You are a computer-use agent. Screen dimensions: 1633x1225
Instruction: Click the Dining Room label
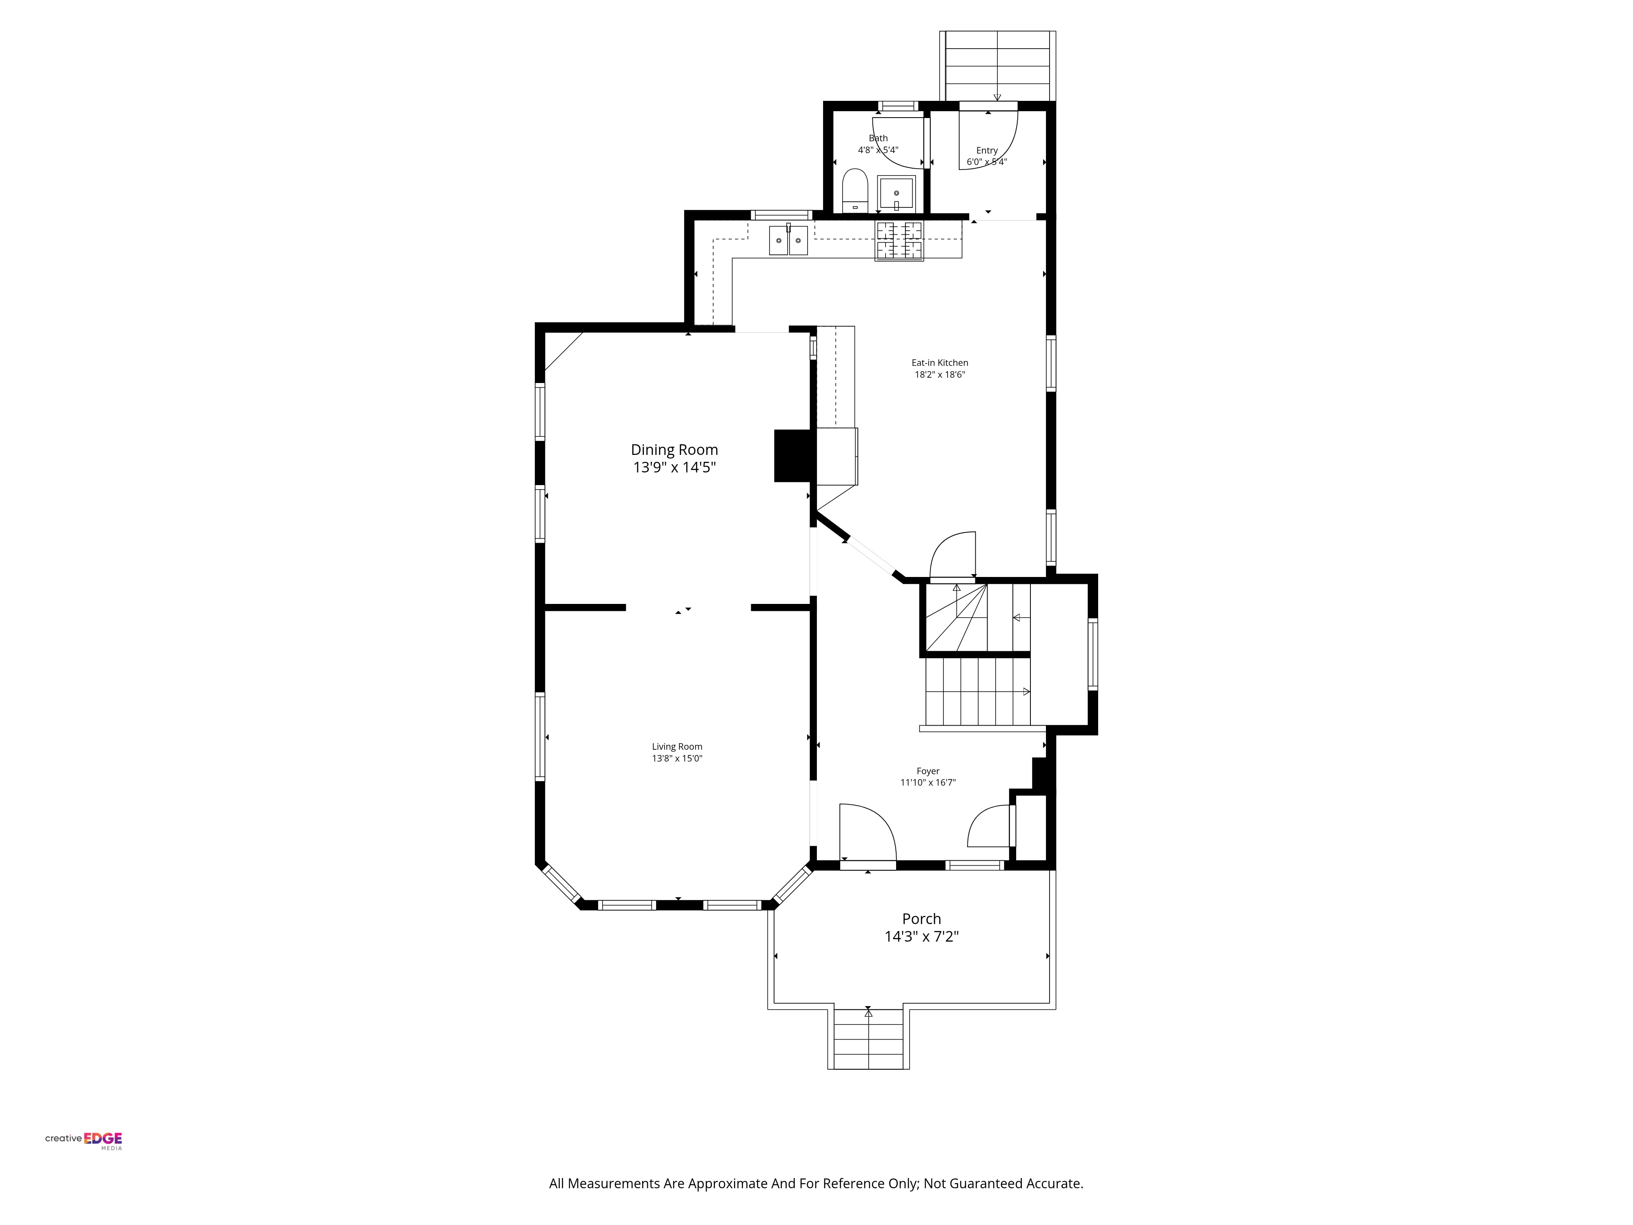click(674, 450)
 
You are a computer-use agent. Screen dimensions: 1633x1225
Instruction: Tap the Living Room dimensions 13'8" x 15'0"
click(677, 758)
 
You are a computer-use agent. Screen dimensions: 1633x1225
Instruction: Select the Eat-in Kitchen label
click(940, 363)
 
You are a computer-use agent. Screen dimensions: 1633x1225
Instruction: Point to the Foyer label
click(928, 771)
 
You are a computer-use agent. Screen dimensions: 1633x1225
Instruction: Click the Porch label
click(921, 919)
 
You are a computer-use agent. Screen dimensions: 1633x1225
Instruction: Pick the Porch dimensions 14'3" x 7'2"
click(921, 936)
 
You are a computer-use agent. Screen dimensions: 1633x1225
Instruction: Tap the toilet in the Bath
click(855, 191)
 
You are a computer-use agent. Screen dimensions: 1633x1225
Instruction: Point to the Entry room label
click(987, 150)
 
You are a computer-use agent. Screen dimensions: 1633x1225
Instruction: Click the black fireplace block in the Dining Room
click(794, 456)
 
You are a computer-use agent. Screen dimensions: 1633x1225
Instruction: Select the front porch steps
click(868, 1038)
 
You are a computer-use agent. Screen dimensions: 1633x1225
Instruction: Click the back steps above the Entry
click(997, 66)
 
